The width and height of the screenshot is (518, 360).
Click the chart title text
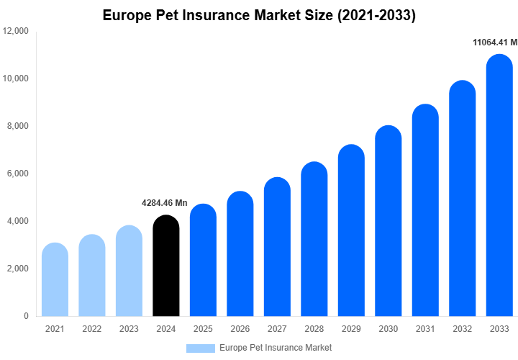click(259, 14)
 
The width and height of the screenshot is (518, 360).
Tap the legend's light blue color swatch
click(200, 348)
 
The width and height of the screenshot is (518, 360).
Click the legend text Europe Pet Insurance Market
click(276, 348)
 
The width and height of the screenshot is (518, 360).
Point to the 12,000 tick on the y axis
click(16, 32)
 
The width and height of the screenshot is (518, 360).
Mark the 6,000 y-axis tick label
click(16, 174)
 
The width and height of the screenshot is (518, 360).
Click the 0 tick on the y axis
click(26, 316)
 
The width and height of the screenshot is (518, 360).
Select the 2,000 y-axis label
click(16, 269)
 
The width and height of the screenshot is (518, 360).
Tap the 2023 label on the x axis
click(129, 329)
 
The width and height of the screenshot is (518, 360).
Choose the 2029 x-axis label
click(351, 329)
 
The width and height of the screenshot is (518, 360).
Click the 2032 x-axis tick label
click(463, 329)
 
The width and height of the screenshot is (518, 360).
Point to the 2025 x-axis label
click(203, 329)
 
